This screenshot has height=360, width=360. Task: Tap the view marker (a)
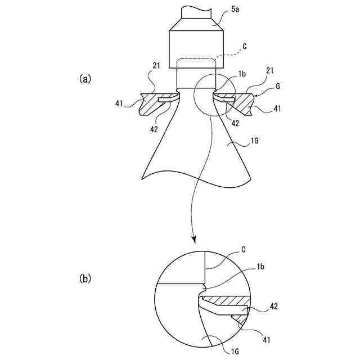click(84, 79)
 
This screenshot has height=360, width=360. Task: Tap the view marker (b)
click(84, 278)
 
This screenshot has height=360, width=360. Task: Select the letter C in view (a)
click(244, 48)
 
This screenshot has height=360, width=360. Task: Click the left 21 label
click(157, 66)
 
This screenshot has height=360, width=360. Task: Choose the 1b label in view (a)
click(242, 74)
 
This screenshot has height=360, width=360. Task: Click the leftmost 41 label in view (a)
click(119, 103)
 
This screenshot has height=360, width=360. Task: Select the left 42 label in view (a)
click(154, 129)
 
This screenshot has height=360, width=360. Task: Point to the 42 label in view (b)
click(274, 307)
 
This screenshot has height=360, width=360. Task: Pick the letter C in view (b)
click(243, 249)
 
